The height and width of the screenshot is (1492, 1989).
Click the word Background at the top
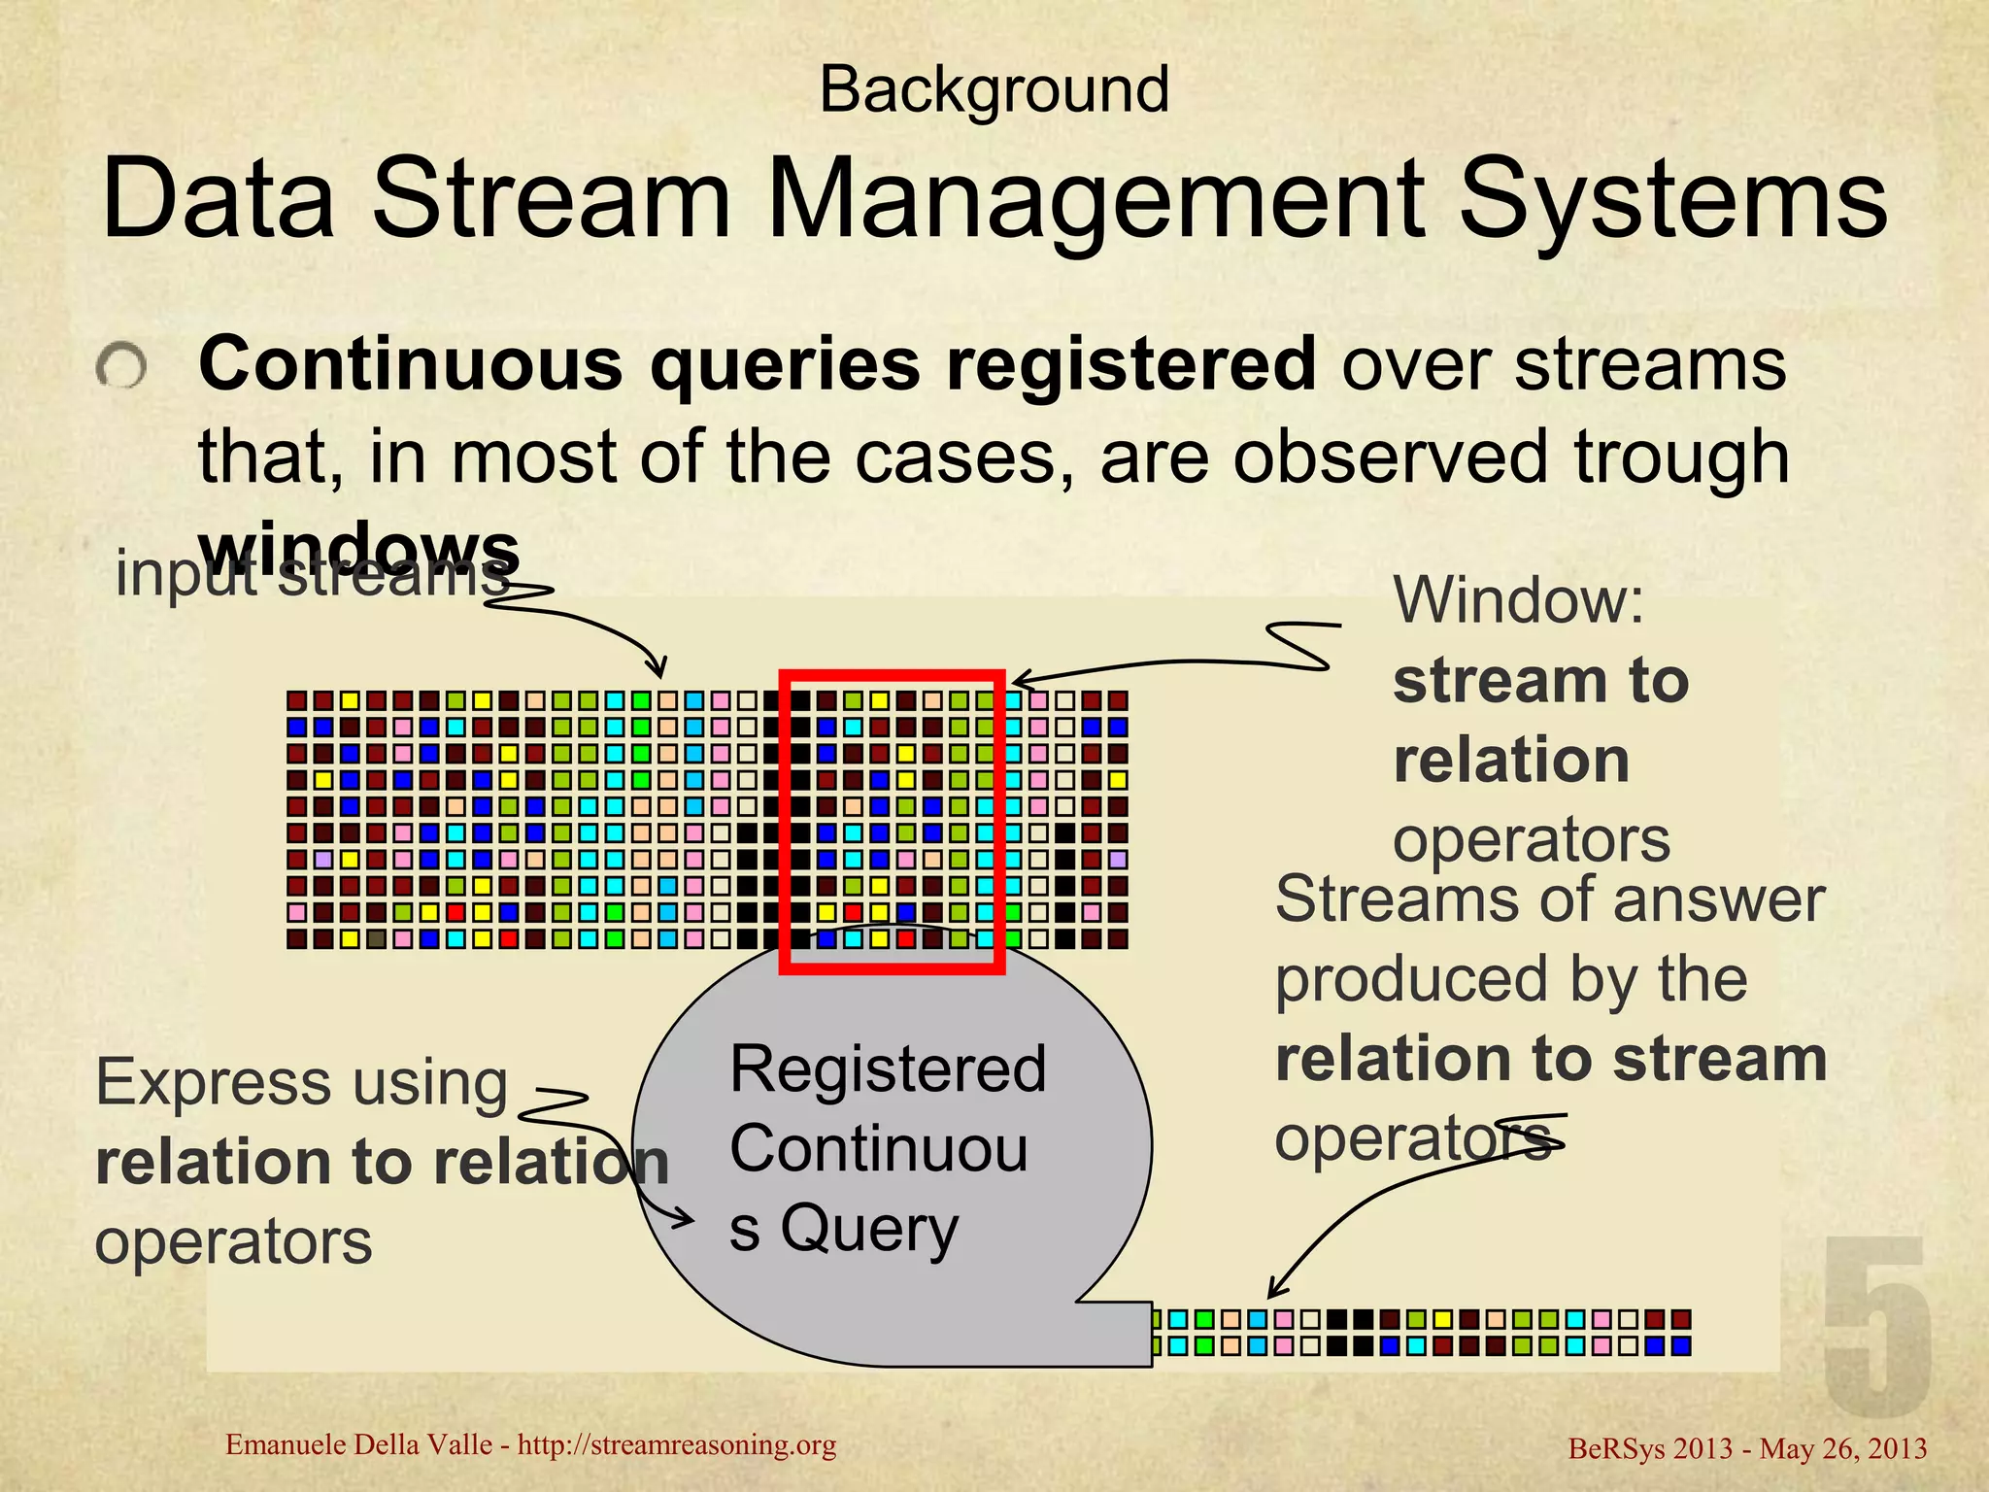[994, 89]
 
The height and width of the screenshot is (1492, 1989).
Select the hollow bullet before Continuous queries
[121, 368]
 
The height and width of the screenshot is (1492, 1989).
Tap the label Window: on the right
[1519, 600]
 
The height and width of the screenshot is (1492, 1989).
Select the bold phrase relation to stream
[1551, 1059]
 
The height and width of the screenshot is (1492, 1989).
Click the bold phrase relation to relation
[383, 1162]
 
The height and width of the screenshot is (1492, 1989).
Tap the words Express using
[301, 1082]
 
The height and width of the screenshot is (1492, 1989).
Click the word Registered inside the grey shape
[888, 1069]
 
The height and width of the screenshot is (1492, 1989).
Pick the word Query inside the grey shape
[869, 1228]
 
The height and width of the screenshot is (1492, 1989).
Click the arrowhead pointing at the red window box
[1018, 680]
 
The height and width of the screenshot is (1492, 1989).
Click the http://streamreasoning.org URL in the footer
[676, 1445]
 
